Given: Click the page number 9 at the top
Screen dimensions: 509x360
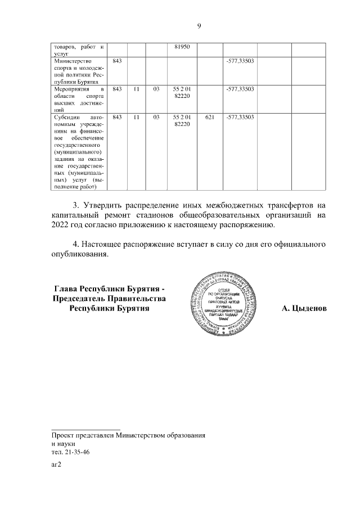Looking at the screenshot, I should [x=199, y=25].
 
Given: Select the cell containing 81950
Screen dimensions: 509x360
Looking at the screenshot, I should [x=183, y=47].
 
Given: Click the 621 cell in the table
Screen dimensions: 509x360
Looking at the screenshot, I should [x=210, y=118].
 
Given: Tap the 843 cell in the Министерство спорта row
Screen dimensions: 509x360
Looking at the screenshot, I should [x=118, y=60].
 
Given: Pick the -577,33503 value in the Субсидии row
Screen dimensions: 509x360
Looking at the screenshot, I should [x=240, y=118].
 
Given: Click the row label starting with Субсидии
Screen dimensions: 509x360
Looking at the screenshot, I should [x=78, y=152].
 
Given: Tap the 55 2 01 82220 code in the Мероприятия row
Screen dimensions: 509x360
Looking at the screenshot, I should [x=183, y=93].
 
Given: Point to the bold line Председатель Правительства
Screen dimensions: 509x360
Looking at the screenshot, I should [x=109, y=298].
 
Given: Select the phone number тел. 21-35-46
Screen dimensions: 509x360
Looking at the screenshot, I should [x=70, y=452].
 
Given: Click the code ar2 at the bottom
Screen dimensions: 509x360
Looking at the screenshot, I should [x=56, y=465].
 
